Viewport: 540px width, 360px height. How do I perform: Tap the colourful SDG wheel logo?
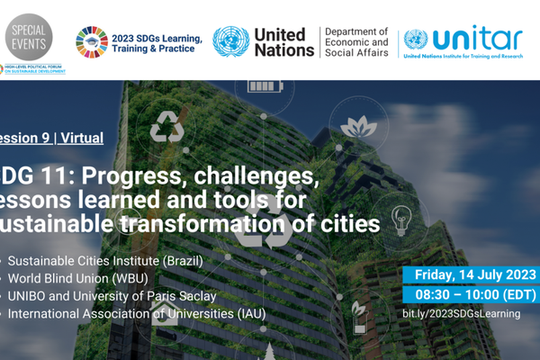pos(91,41)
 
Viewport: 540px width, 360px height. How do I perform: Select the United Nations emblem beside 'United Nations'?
pos(230,41)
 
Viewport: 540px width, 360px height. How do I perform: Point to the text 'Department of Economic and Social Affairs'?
pos(356,41)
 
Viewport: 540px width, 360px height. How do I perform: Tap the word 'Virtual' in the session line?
pos(82,139)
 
